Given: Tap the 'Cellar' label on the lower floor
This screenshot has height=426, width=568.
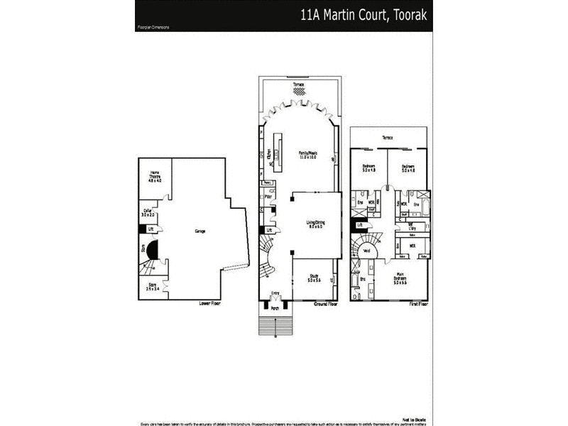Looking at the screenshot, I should (147, 211).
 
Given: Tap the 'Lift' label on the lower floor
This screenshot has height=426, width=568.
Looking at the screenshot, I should (151, 228).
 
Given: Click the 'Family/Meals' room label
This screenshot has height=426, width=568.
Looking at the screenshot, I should (307, 153).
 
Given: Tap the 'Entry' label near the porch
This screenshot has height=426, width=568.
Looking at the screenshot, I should (275, 292).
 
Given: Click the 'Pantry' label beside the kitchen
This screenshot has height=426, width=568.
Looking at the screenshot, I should (268, 182).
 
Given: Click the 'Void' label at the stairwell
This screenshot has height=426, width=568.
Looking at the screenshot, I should (367, 251).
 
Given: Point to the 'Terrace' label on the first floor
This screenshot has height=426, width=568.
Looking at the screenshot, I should (388, 137).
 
